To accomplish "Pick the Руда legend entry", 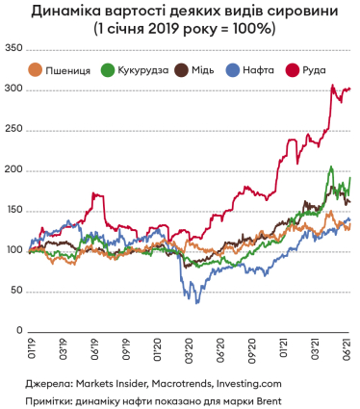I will click(305, 69).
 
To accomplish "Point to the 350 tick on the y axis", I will click(14, 48).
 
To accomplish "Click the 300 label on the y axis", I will click(14, 89).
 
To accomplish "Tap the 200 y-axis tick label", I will click(14, 169).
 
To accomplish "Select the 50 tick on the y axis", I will click(17, 290).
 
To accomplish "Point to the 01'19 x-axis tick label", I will click(31, 347).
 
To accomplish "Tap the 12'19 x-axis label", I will click(158, 347).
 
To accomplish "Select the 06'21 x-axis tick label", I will click(347, 347).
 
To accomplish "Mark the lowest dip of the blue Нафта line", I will click(197, 303).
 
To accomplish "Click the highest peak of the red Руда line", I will click(332, 85).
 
